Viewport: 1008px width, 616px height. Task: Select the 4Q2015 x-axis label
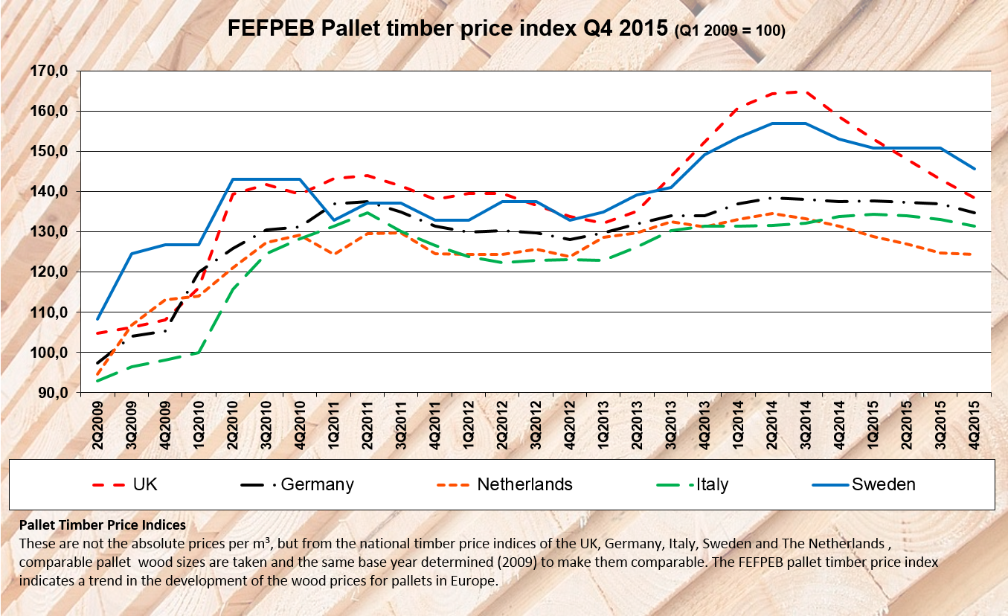point(975,422)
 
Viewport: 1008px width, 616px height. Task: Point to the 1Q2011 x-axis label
point(335,422)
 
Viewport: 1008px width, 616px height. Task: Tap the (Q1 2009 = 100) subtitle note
point(730,31)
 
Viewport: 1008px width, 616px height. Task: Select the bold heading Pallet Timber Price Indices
point(103,526)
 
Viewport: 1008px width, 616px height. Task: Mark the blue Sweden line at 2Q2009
point(97,318)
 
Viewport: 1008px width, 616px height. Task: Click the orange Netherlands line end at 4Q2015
point(974,254)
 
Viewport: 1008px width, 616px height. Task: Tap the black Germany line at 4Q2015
point(974,212)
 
